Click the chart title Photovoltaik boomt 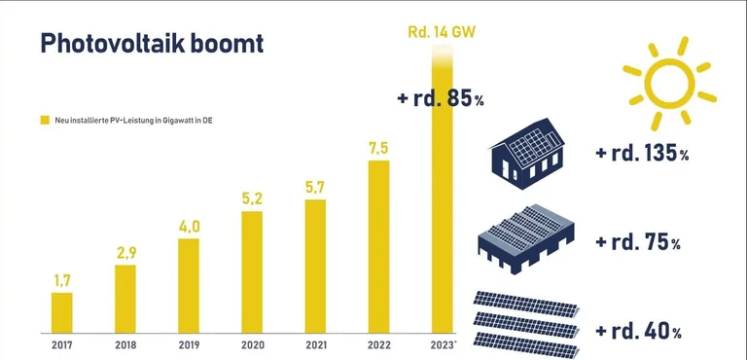tap(151, 45)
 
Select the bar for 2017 tap(61, 311)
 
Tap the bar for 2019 tap(189, 284)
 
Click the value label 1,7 tap(61, 280)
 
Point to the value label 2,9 tap(125, 253)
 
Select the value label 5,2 tap(252, 199)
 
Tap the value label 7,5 tap(378, 148)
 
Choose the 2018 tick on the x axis tap(125, 343)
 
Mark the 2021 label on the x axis tap(315, 343)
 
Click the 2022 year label tap(378, 343)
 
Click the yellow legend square tap(44, 120)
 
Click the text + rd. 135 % tap(643, 155)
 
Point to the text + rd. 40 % tap(637, 331)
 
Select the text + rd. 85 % tap(441, 98)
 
